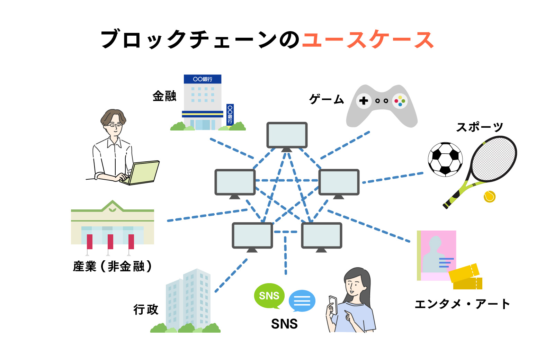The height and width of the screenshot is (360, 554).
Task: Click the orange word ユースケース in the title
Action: [368, 40]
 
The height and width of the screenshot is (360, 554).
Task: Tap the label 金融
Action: [164, 96]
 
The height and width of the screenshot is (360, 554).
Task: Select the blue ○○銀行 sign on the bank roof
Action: [203, 79]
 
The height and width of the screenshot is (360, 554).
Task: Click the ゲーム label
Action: [326, 99]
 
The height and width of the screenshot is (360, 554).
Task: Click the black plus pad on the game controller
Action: [364, 101]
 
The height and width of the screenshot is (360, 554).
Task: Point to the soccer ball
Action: [445, 159]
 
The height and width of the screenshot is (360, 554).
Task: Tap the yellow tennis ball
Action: [489, 196]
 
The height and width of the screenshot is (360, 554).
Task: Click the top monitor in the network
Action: [287, 135]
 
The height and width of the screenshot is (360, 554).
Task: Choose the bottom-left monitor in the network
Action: [252, 236]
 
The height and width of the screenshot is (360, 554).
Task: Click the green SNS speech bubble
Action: [269, 296]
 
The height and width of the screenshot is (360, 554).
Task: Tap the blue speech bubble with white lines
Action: [302, 300]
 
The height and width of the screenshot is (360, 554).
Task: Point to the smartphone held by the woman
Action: [333, 304]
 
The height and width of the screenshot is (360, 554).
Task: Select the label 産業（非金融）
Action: [113, 266]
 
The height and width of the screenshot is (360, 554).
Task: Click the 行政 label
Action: [146, 309]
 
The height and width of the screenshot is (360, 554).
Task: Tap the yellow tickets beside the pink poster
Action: [466, 277]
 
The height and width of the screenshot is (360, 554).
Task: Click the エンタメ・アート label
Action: [462, 304]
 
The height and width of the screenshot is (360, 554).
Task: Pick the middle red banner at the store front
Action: [110, 241]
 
